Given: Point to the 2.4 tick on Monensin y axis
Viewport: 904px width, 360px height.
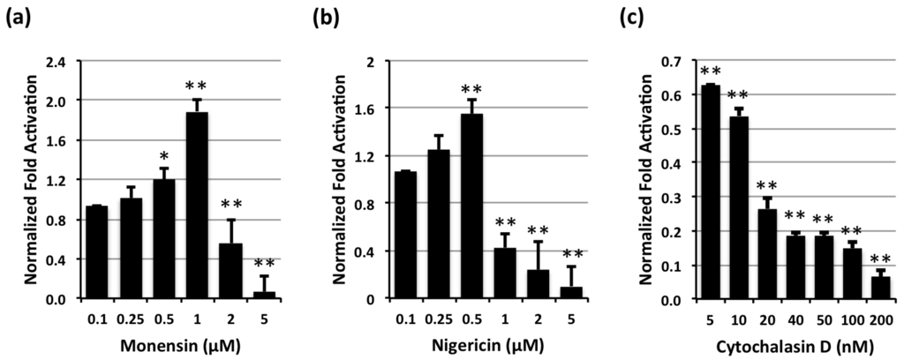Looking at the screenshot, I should coord(62,62).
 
